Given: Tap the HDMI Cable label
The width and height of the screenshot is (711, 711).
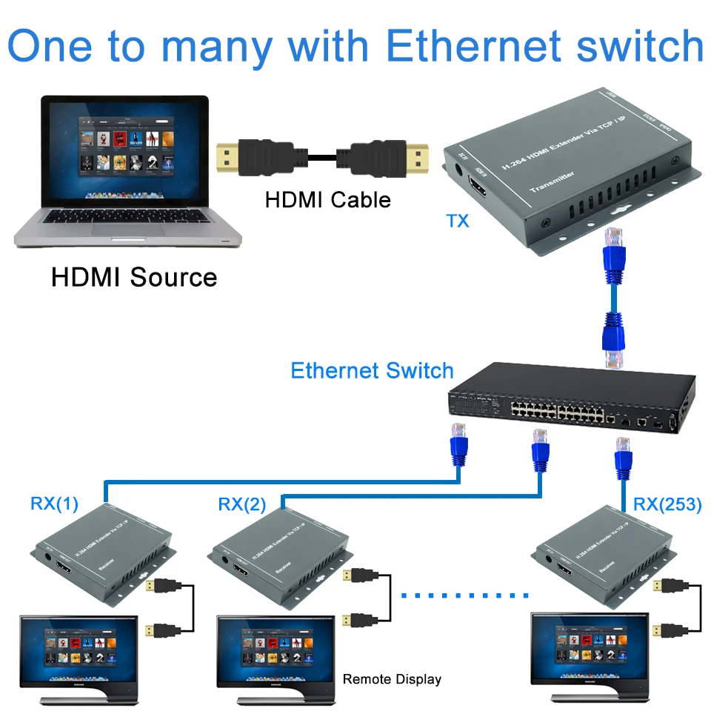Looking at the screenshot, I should (327, 199).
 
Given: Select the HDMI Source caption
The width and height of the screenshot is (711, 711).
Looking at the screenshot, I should (134, 277).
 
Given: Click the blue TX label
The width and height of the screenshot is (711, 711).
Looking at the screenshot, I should (458, 220).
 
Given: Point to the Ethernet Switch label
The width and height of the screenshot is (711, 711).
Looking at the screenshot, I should (372, 370).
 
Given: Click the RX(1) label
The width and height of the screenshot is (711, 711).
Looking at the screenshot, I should (53, 504).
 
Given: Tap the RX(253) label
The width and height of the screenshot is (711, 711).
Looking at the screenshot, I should (667, 505).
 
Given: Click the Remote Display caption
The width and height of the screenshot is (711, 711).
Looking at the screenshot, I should (392, 679).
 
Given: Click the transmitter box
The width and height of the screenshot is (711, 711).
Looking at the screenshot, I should (570, 170).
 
